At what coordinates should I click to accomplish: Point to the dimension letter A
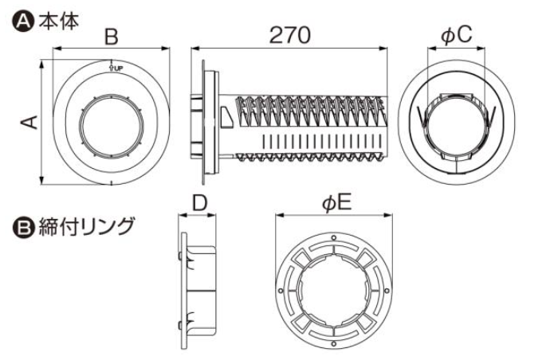click(28, 121)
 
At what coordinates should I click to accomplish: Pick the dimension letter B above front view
click(112, 37)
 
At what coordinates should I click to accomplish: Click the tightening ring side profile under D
click(199, 285)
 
